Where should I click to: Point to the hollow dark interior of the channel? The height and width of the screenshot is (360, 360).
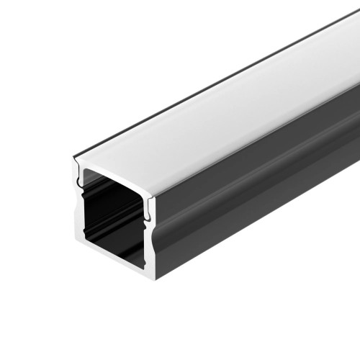(112, 216)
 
